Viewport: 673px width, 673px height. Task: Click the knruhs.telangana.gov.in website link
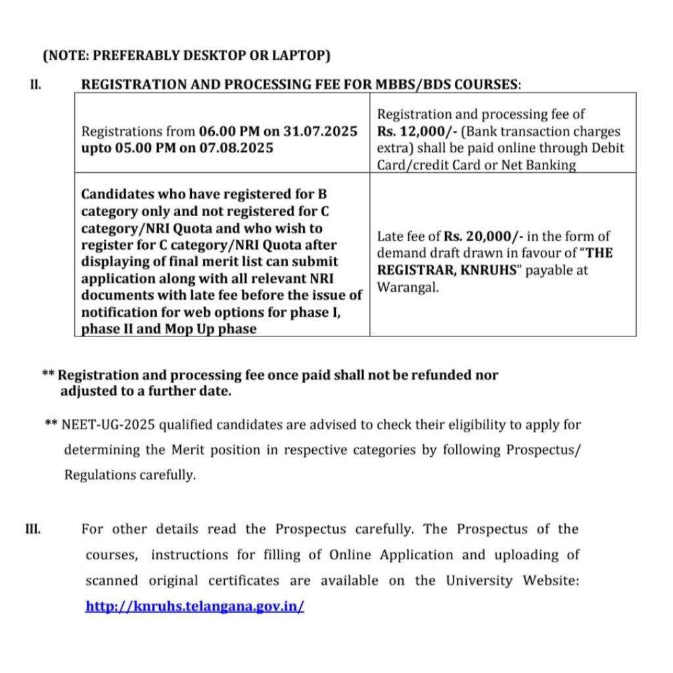pos(195,606)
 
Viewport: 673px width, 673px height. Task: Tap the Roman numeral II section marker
pos(37,84)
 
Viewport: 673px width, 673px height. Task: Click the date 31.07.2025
pos(320,131)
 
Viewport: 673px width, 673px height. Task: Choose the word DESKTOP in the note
pos(214,56)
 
